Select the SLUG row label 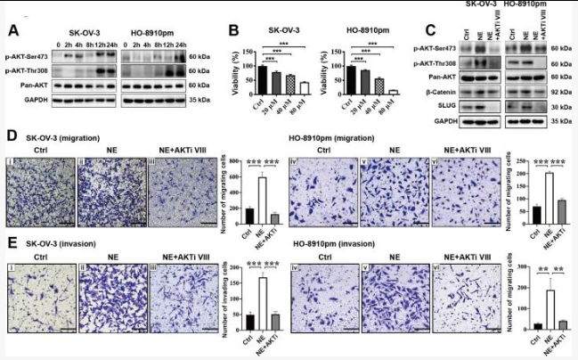[x=453, y=105]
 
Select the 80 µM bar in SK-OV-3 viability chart [x=304, y=88]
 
